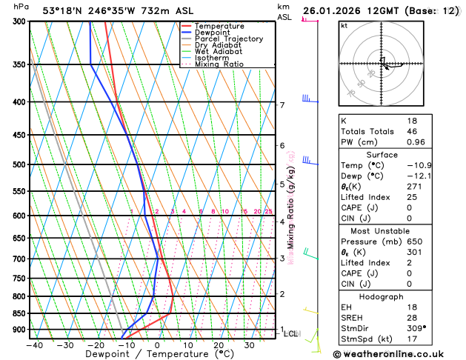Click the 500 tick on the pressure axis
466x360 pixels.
click(x=19, y=164)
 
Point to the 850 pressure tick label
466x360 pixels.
click(x=19, y=313)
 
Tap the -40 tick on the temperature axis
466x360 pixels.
click(x=34, y=345)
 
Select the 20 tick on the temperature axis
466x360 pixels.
click(x=219, y=345)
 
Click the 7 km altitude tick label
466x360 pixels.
click(x=282, y=105)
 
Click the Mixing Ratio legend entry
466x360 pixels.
click(x=219, y=64)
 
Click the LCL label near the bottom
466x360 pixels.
click(x=291, y=334)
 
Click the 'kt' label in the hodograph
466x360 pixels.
click(x=344, y=26)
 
